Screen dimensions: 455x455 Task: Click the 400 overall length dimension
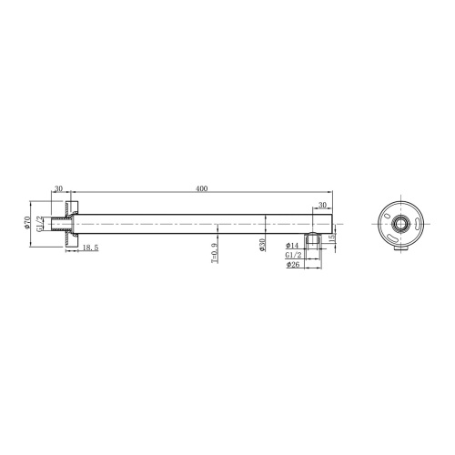(201, 188)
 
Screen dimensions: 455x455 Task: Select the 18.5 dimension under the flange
(90, 248)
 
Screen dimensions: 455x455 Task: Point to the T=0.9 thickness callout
(215, 252)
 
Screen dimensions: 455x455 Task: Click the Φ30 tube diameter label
(262, 246)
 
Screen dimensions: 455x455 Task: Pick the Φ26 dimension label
(292, 265)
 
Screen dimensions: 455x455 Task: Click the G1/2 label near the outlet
(292, 256)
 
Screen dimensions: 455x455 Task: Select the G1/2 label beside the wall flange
(40, 223)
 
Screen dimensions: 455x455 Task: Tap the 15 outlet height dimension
(332, 237)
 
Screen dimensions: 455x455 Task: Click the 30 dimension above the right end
(322, 206)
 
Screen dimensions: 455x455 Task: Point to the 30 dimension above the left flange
(58, 188)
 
